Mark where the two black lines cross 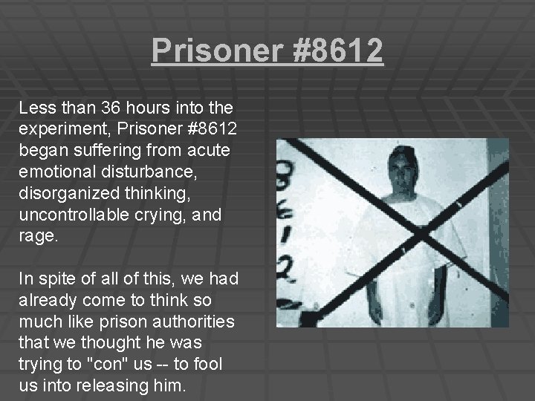click(421, 231)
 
